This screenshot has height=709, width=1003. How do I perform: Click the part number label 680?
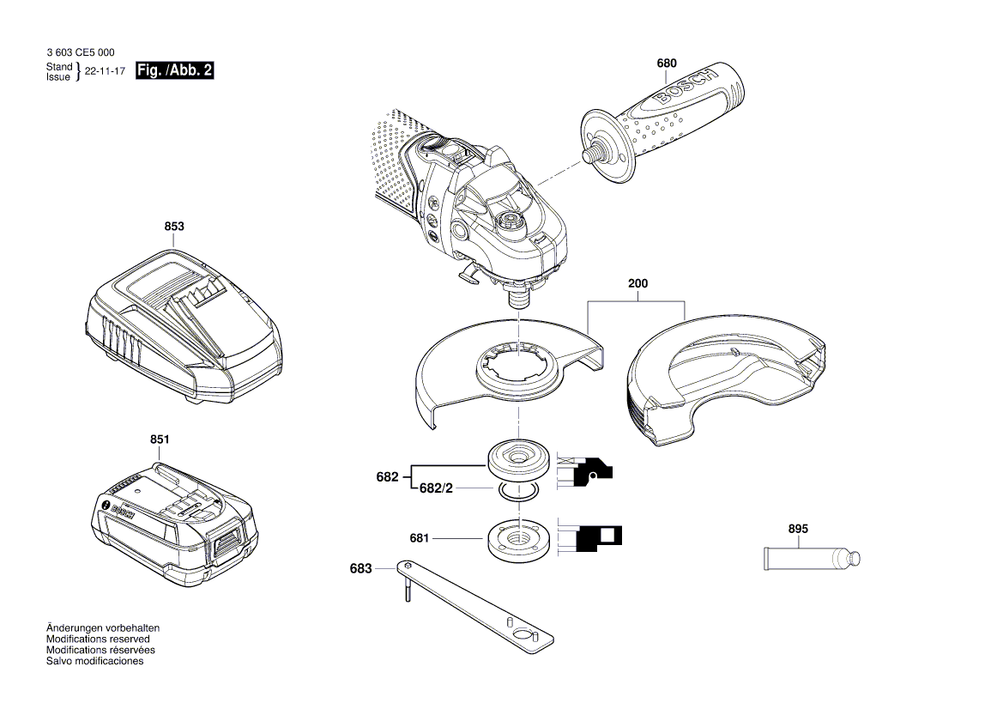667,64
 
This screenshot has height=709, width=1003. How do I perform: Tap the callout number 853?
174,227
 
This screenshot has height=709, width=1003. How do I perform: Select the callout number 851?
160,439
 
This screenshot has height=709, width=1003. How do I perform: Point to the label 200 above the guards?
637,282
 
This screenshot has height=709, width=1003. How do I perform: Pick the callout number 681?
419,538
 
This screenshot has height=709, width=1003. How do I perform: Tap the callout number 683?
361,568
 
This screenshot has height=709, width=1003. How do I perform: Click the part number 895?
797,530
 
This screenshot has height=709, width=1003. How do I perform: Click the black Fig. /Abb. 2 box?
175,71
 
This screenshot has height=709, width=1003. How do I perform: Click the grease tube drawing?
810,560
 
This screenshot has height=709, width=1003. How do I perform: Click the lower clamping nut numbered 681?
517,537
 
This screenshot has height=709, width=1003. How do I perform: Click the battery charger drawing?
182,327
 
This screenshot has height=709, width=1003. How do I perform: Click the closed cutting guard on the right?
725,378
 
